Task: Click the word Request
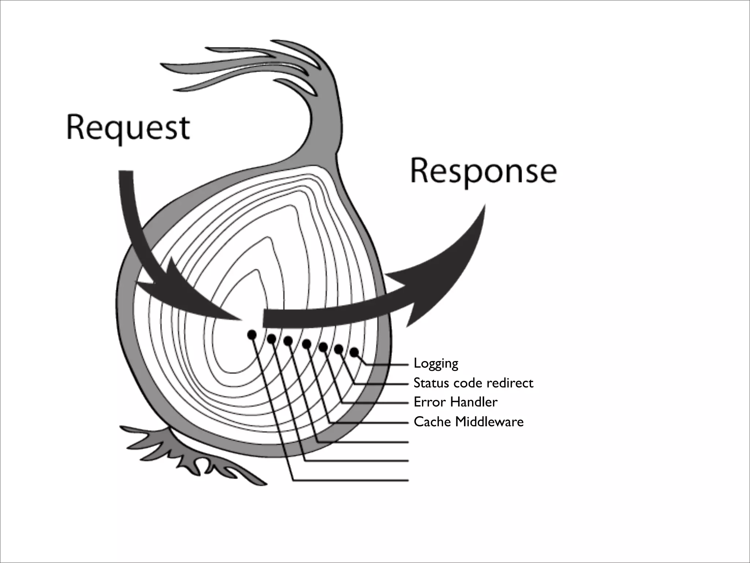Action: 128,128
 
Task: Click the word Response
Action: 483,172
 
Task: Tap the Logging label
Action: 436,364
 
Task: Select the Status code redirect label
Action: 473,383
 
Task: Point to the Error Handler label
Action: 455,402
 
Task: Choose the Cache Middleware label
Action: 468,422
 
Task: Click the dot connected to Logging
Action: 354,352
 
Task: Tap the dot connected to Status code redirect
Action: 339,349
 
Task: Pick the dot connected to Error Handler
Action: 323,347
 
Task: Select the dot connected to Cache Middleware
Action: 307,344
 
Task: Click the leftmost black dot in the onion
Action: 252,334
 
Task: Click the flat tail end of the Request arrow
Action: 126,172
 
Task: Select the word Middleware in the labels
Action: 489,422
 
